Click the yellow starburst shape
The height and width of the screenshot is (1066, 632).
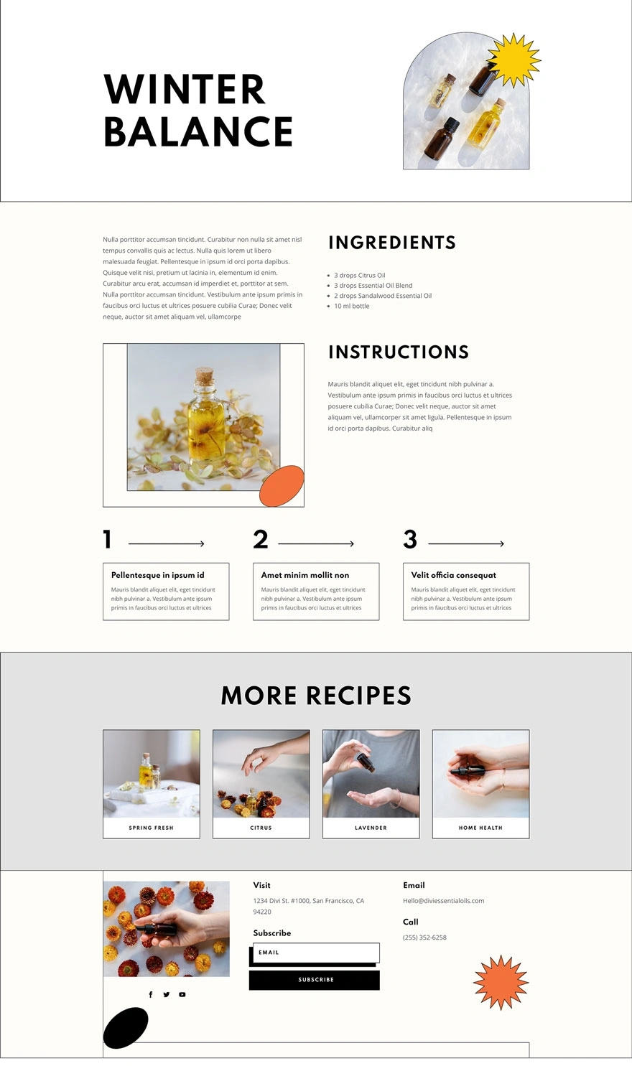click(514, 60)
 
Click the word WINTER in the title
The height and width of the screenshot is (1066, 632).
click(185, 90)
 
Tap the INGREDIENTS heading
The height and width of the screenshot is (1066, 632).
click(392, 242)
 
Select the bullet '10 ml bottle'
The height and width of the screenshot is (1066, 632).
click(351, 306)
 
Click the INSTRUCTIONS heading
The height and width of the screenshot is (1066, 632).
click(399, 352)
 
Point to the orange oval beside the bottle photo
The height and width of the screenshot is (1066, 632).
click(282, 486)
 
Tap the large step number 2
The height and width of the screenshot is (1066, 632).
click(261, 539)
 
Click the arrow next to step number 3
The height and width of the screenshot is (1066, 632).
click(466, 543)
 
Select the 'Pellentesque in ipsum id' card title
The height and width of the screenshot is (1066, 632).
click(158, 575)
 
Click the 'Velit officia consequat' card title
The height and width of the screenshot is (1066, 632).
click(453, 575)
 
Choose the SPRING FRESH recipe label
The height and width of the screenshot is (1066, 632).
click(151, 828)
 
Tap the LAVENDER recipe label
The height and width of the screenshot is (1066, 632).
click(371, 828)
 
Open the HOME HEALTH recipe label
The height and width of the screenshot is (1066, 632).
click(480, 828)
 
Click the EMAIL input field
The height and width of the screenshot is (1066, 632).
click(316, 953)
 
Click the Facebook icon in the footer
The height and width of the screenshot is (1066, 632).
click(151, 994)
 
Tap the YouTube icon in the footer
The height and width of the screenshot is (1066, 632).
click(182, 994)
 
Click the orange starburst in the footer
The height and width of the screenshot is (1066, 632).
click(501, 982)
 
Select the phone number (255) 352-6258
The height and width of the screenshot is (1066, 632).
click(425, 937)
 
